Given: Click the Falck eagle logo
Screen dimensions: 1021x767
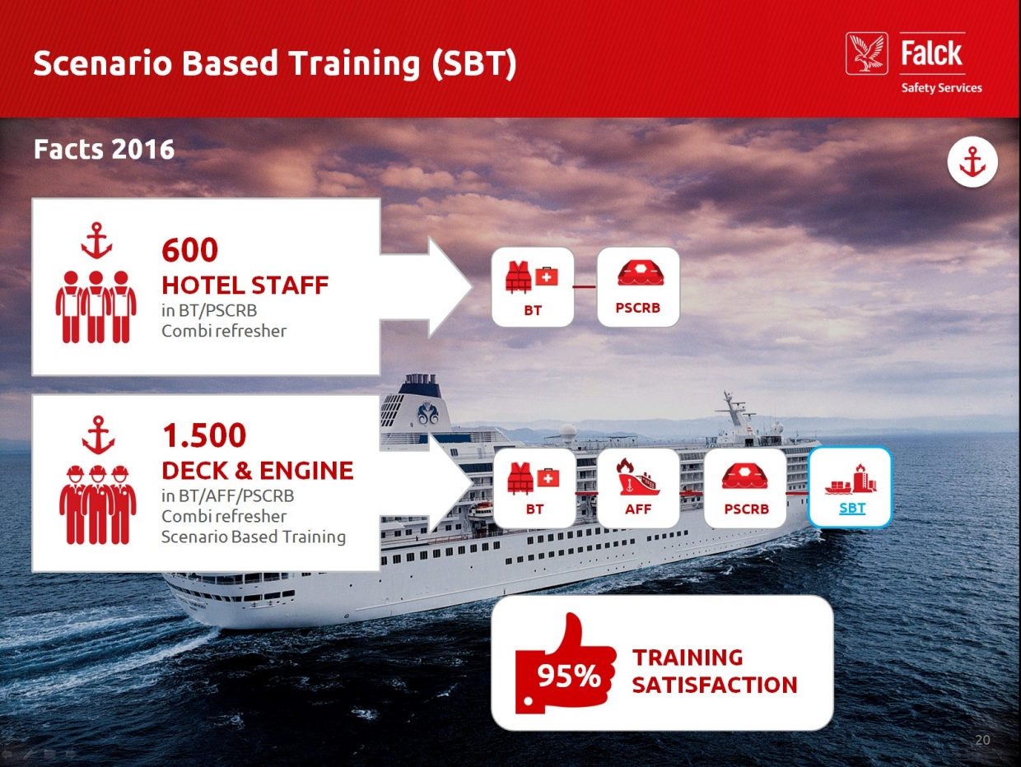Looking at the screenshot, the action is click(866, 53).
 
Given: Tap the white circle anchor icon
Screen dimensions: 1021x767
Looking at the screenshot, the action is click(972, 162).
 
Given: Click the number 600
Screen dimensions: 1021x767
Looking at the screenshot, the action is click(189, 250).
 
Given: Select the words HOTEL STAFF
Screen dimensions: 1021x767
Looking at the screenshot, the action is click(245, 286).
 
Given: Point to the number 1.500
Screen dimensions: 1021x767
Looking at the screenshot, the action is click(203, 435).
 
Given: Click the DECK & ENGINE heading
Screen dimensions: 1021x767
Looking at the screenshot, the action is click(258, 471).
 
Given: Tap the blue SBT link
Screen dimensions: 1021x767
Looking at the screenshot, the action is click(852, 508).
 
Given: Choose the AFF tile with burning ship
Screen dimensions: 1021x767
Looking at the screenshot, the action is click(638, 488).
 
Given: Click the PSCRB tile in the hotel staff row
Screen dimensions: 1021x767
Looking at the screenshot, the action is click(638, 287).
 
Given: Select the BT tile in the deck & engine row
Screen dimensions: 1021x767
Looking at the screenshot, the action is click(534, 488).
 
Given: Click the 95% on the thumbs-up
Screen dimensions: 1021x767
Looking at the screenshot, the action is click(569, 676).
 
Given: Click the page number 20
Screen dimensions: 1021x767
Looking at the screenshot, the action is click(982, 740).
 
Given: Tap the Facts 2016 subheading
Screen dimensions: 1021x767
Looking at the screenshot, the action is click(105, 149).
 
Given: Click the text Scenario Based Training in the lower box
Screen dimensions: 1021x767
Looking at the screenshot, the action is click(254, 537).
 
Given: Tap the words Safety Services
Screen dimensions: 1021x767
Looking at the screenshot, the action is click(941, 88).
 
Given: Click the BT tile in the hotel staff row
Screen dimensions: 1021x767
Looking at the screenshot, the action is click(533, 287).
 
